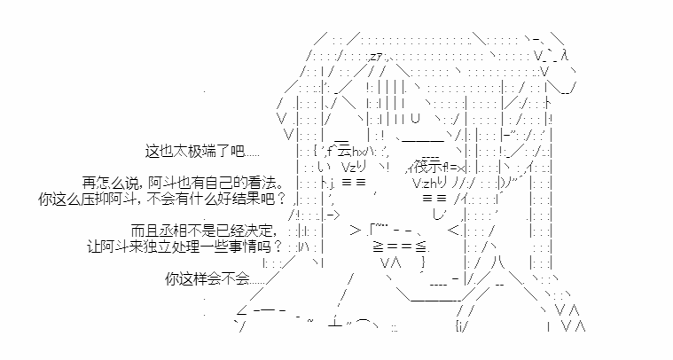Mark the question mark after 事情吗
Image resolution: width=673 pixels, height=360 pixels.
click(x=278, y=247)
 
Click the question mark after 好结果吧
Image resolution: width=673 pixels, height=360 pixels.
click(x=281, y=200)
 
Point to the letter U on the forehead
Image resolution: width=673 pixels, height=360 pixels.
click(x=415, y=118)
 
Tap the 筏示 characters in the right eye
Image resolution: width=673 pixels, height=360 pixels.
click(x=428, y=167)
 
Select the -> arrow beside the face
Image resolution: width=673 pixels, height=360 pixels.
click(x=333, y=215)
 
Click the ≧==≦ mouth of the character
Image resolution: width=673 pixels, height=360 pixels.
click(x=399, y=247)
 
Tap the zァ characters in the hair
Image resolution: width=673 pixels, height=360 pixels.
click(x=377, y=56)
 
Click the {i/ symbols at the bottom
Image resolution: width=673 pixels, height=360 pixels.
click(x=460, y=327)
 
